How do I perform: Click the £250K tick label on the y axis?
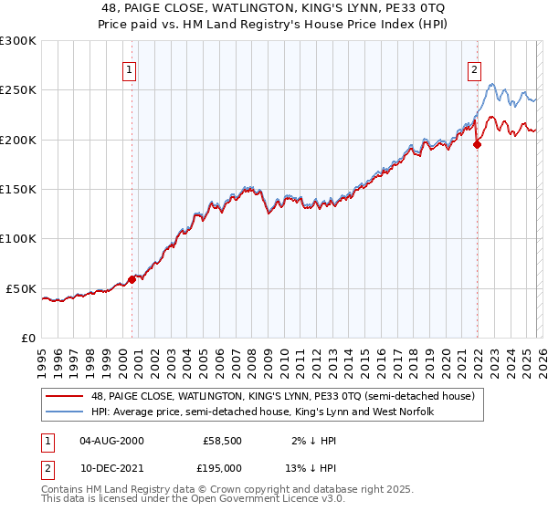pos(18,90)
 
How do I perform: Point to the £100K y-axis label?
pos(18,239)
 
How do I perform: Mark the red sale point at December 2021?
pos(477,144)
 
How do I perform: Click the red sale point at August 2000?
pos(132,280)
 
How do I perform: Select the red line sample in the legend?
pos(65,397)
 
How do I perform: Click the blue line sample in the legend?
pos(65,412)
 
